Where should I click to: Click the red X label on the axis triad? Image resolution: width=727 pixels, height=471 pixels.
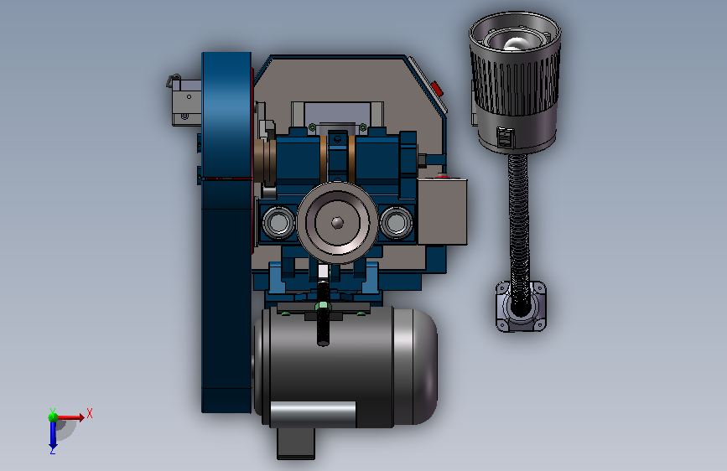90,413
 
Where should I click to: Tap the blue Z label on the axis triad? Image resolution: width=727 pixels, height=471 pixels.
53,450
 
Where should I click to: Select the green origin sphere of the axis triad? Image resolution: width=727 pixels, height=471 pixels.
53,417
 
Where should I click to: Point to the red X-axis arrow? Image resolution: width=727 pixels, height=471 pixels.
70,417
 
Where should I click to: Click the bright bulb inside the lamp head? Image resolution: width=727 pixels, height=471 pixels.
514,44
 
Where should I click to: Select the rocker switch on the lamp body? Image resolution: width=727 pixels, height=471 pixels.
505,137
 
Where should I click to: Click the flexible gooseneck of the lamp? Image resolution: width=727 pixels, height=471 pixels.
519,223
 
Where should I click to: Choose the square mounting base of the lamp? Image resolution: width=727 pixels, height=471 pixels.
521,306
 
